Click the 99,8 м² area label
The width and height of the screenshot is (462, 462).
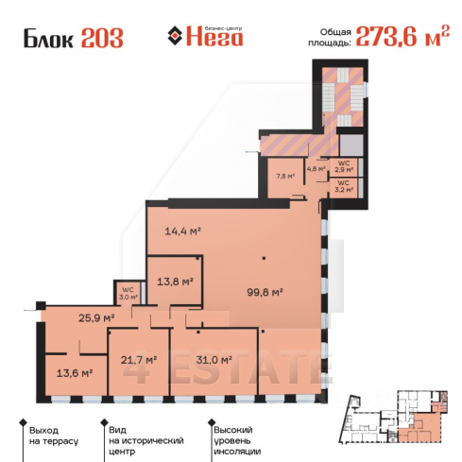click(265, 292)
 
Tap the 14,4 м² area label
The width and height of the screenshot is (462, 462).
click(183, 231)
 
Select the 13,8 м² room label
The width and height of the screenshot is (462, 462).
click(175, 282)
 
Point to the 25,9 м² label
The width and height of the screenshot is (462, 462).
click(96, 317)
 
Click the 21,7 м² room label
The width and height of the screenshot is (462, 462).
click(139, 359)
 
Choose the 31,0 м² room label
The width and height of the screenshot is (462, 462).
click(214, 359)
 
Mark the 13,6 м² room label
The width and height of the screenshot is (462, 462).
click(75, 373)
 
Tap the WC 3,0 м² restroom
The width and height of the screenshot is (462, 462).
click(128, 293)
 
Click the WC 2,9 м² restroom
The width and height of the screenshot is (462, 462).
click(344, 166)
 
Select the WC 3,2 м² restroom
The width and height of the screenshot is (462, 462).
click(344, 186)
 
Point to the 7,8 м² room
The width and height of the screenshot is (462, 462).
click(285, 177)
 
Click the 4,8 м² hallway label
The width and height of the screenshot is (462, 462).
click(317, 168)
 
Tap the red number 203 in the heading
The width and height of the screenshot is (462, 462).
click(102, 38)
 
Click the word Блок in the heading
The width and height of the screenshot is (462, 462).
click(48, 39)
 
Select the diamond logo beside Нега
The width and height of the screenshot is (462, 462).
click(175, 36)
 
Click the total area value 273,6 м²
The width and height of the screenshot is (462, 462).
click(402, 36)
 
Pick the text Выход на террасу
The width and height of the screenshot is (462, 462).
click(54, 436)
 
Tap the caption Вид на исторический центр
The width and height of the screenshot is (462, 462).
click(146, 440)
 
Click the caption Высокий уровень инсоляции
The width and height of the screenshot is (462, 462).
click(237, 440)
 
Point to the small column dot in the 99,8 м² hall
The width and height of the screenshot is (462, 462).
click(264, 258)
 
